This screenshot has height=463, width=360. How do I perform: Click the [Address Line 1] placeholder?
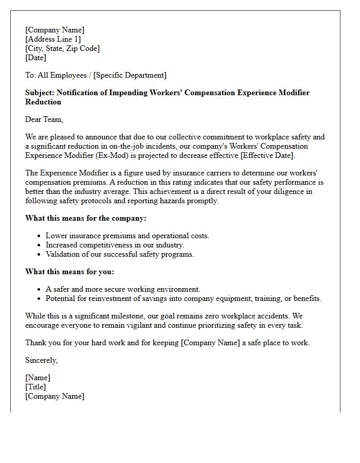pos(53,39)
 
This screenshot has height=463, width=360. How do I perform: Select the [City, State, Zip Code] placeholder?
pos(62,48)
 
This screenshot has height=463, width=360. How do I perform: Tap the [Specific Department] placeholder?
pos(130,75)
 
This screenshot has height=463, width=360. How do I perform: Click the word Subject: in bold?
pos(40,93)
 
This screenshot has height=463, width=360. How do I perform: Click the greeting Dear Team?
pos(44,119)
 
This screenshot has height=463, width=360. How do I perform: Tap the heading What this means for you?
pos(69,272)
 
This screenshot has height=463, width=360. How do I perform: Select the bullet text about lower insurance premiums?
pos(127,236)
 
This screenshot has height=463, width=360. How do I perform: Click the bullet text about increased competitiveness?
pos(115,245)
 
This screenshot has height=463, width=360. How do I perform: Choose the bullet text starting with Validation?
pos(120,254)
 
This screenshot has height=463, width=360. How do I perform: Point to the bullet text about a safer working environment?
pos(123,289)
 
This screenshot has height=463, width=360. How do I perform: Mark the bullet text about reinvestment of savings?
pos(183,298)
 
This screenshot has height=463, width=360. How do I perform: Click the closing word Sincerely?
pos(42,360)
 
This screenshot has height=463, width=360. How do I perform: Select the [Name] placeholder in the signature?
pos(38,378)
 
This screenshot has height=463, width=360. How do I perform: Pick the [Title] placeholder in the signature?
pos(35,387)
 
